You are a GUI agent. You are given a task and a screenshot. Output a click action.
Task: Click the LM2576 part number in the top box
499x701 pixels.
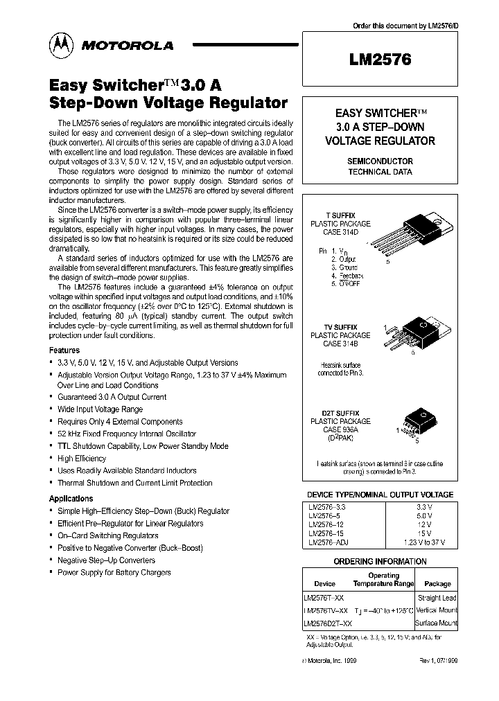click(380, 60)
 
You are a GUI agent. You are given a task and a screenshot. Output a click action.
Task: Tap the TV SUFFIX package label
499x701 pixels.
click(340, 327)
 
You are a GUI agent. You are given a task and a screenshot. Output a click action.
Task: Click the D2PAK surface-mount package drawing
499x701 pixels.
click(417, 423)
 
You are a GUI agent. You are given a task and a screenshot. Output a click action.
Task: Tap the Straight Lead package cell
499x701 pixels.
click(437, 597)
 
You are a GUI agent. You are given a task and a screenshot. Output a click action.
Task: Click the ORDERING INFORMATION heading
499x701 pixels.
click(380, 561)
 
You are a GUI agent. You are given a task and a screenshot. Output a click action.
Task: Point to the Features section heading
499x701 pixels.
click(64, 350)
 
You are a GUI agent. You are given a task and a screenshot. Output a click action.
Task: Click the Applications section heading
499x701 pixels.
click(71, 499)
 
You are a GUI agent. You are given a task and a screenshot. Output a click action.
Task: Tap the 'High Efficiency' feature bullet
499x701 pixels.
click(82, 459)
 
